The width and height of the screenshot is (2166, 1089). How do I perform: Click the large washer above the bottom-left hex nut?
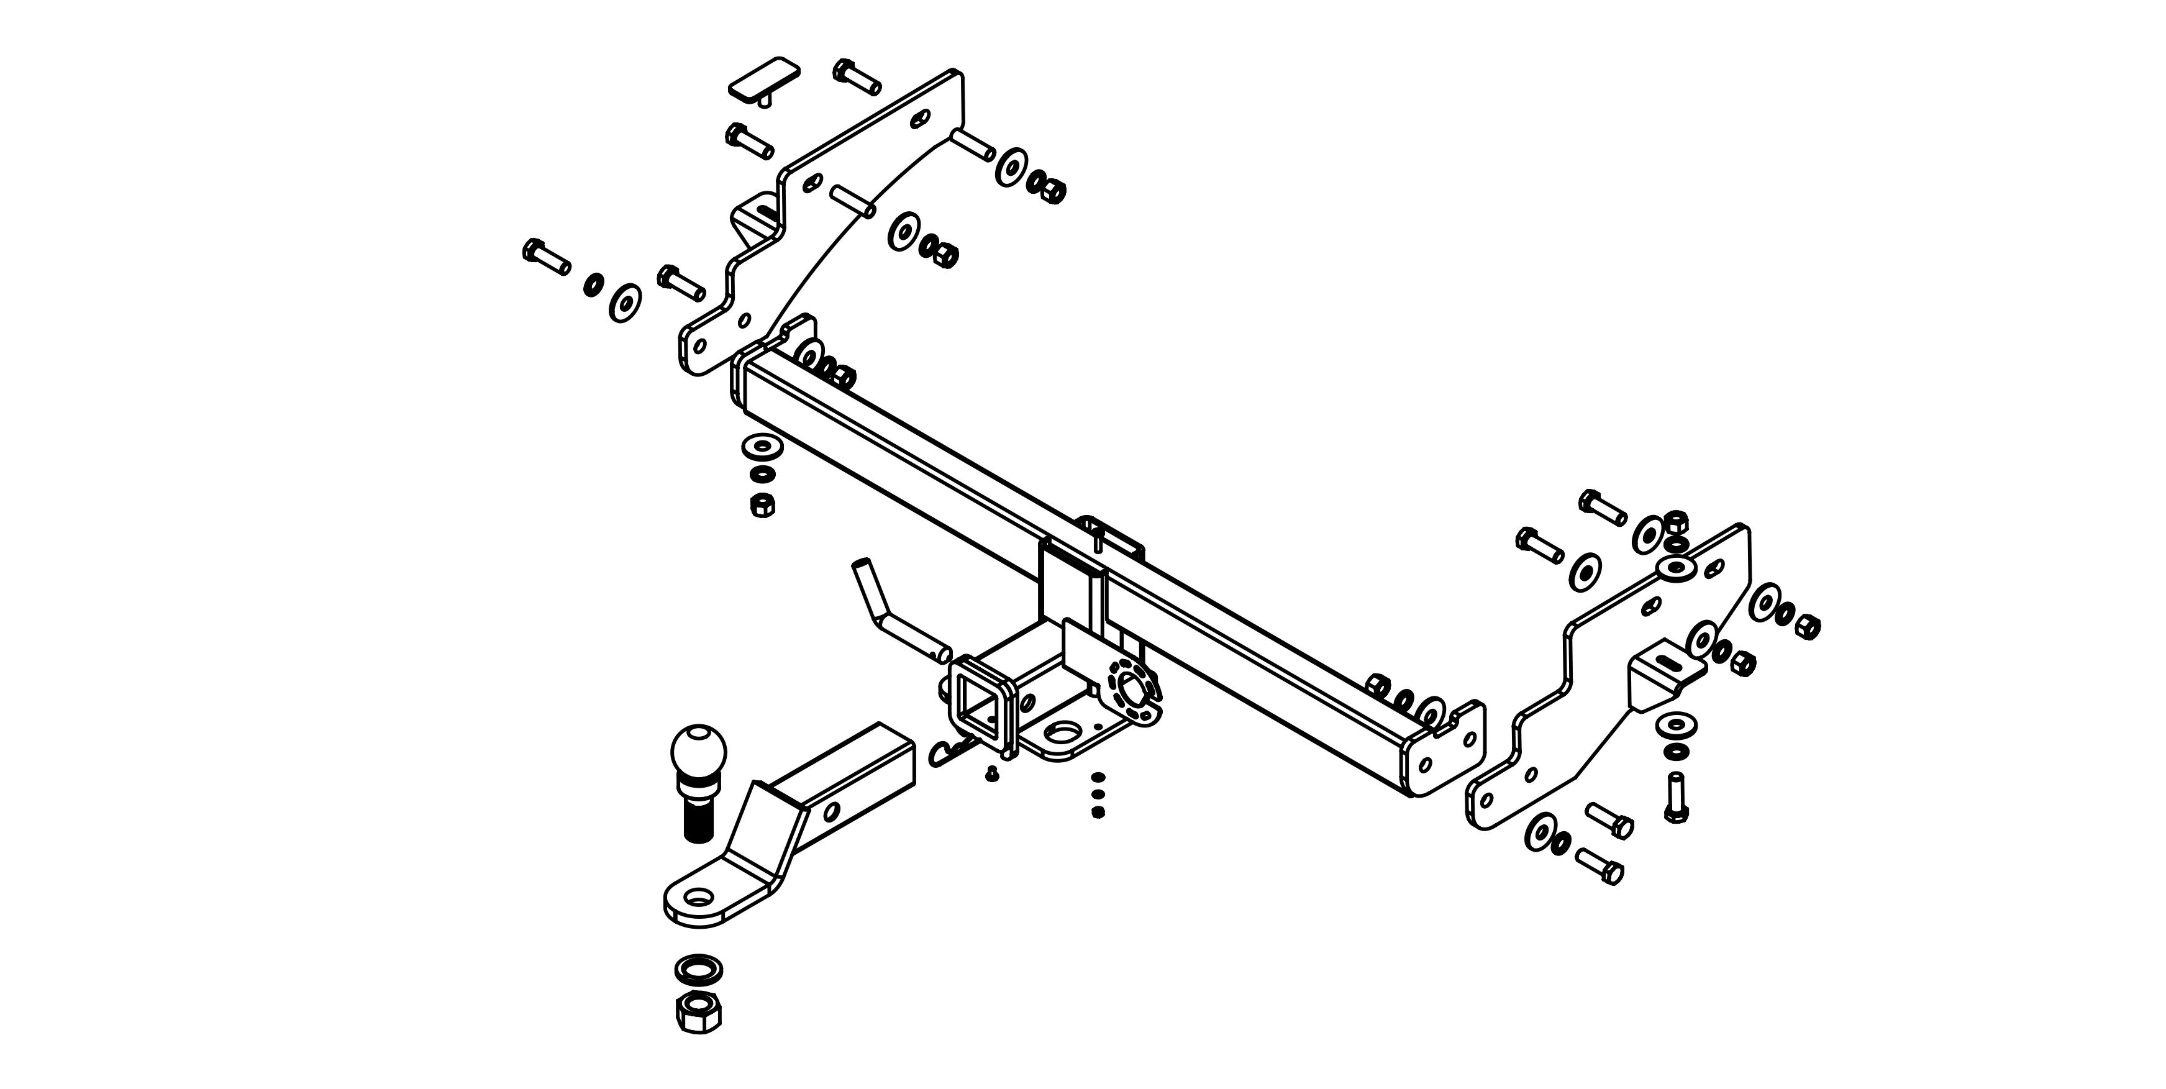(698, 968)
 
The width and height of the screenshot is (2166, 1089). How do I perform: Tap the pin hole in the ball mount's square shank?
(832, 811)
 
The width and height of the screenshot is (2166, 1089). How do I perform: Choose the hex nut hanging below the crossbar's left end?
(762, 504)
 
